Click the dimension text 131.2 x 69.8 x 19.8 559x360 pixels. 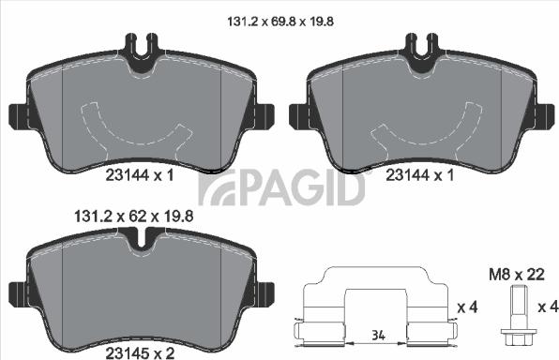coord(280,17)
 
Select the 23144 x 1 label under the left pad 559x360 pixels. coord(140,174)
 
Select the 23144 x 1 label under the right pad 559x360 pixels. coord(420,174)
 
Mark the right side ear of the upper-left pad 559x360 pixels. coord(263,116)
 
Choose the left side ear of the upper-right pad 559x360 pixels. coord(298,116)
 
